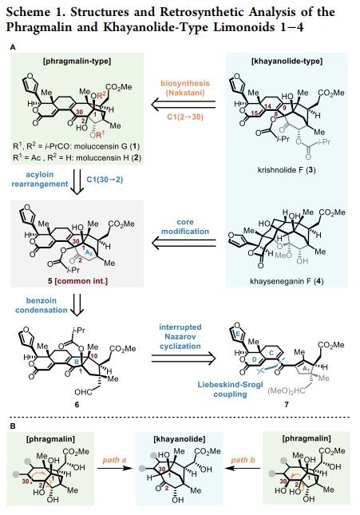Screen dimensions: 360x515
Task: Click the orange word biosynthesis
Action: coord(185,83)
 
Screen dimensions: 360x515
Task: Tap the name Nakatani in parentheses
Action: coord(185,93)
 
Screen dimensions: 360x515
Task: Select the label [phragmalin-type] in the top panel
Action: coord(77,61)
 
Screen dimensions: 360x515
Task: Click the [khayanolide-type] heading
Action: coord(287,61)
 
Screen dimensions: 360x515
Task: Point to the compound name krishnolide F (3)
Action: coord(287,170)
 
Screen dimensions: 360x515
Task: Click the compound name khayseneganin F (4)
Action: coord(287,281)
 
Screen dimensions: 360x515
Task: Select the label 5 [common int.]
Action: coord(77,281)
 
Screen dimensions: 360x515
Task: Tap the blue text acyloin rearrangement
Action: coord(40,180)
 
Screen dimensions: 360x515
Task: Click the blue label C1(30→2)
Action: coord(105,180)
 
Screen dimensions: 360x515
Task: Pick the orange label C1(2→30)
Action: coord(185,117)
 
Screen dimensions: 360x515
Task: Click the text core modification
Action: coord(185,227)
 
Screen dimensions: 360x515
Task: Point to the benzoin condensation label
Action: coord(41,305)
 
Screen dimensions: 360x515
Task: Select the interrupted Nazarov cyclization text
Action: coord(180,337)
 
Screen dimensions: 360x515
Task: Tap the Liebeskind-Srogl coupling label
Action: coord(230,389)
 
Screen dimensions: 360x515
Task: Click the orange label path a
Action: coord(114,460)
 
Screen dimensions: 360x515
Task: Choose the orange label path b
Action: coord(243,460)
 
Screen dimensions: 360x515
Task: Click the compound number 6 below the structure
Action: coord(77,404)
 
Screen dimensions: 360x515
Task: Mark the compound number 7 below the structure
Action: coord(287,404)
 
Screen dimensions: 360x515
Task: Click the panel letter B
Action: coord(13,426)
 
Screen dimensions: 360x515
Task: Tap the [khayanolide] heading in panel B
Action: coord(180,439)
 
